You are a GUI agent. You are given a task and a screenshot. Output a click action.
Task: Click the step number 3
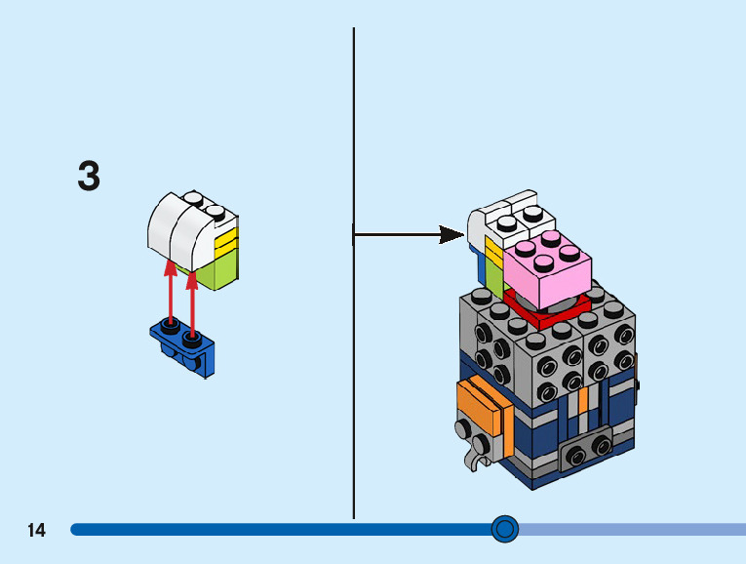pos(89,177)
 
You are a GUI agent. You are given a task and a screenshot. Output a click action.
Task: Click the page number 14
pos(36,531)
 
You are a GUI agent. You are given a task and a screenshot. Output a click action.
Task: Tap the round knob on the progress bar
pos(504,529)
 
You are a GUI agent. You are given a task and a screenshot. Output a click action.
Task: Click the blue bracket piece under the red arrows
pos(184,347)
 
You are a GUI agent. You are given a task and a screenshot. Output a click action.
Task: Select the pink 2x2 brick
pos(548,265)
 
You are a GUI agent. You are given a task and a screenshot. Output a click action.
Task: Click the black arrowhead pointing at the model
pos(452,234)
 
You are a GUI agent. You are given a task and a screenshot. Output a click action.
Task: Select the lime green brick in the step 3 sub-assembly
pos(223,265)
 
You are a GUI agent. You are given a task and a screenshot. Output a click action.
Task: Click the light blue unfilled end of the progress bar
pos(634,529)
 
